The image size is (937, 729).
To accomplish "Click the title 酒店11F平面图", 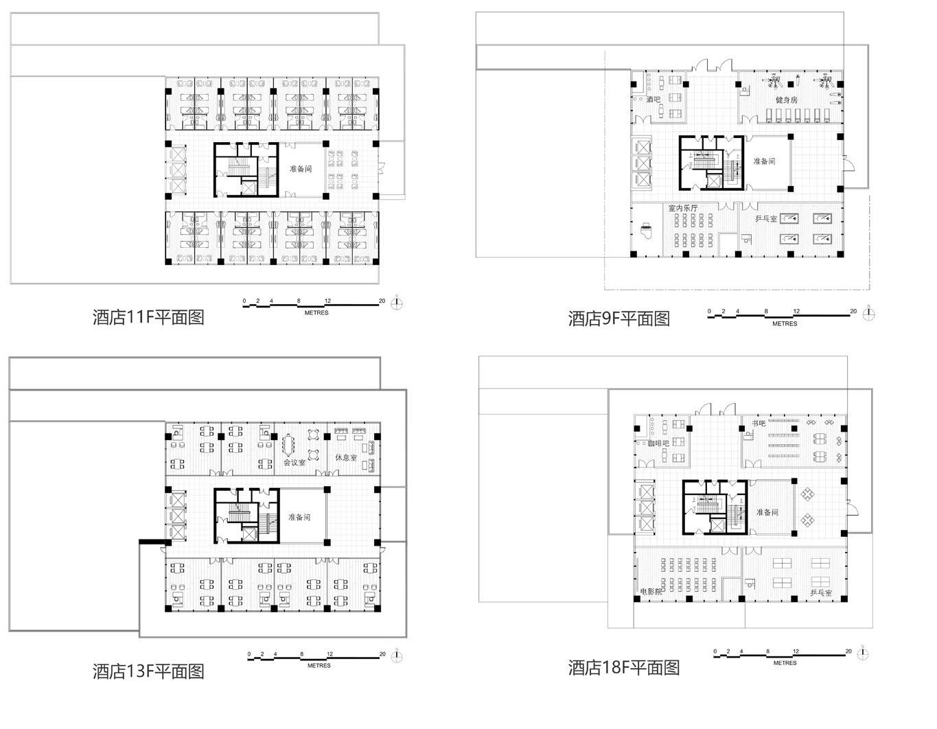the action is coord(148,317).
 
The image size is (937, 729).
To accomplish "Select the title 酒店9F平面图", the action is coord(618,319).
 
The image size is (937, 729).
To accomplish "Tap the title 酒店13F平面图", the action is coord(148,671).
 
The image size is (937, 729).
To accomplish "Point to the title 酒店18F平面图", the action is coord(623,667).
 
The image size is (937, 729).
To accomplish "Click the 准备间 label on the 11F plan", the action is coord(300,168).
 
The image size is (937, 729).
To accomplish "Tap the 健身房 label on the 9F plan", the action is coord(787,100).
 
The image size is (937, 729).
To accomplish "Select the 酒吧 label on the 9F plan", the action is coord(653,100).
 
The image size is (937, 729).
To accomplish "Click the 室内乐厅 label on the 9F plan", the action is coord(683,207).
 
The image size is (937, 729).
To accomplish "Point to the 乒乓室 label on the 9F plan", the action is coord(765,218).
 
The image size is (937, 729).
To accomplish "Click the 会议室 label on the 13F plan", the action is coord(294,462).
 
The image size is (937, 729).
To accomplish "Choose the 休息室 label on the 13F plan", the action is coord(345,457).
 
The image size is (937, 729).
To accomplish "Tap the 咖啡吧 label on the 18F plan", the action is coord(658,443).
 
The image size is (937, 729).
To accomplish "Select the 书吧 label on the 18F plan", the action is coord(759,424).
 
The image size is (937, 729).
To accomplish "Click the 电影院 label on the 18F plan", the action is coord(651,591).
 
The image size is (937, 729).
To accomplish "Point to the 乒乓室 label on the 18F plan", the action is coord(821,592).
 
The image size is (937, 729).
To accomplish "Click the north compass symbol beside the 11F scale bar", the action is coord(397,303).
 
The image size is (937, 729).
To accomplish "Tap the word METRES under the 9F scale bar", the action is coord(785,323).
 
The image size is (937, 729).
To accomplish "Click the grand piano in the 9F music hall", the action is coord(646,228).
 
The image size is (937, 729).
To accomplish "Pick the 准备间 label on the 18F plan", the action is coord(767,512).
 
